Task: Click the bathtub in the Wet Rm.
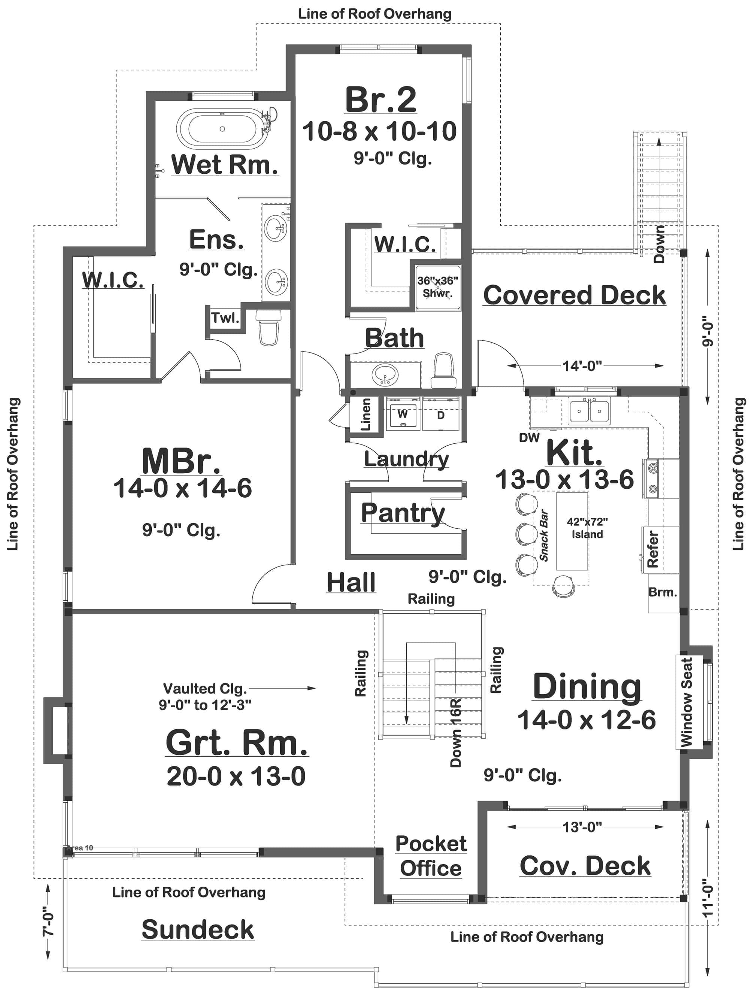click(222, 129)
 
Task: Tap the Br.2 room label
click(380, 100)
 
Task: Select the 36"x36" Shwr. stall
click(438, 288)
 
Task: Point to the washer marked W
click(402, 415)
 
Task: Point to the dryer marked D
click(440, 415)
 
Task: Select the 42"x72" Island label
click(587, 528)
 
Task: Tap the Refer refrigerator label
click(653, 549)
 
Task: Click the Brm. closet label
click(662, 592)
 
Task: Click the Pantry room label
click(403, 513)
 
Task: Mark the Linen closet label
click(366, 414)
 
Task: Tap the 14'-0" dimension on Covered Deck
click(582, 366)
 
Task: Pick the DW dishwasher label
click(529, 437)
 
